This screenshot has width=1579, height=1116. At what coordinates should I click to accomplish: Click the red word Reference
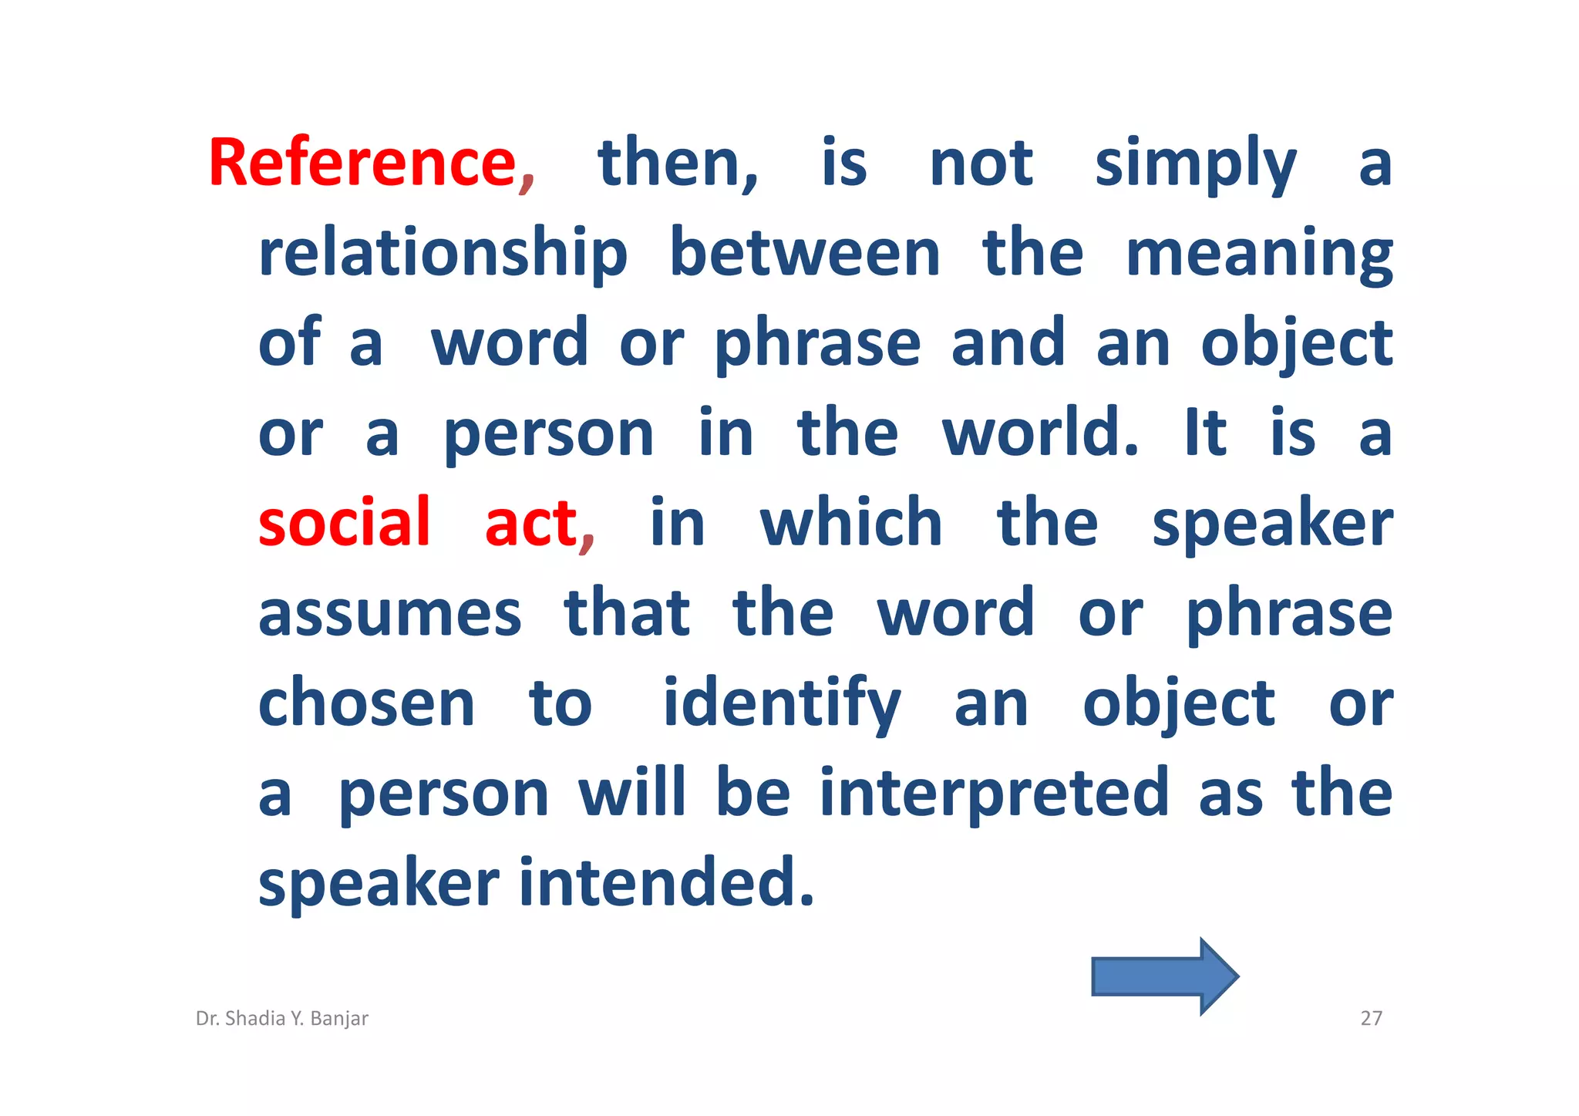point(362,163)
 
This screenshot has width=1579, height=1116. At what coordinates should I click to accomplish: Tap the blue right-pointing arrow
point(1163,976)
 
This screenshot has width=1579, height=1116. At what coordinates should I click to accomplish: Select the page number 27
point(1371,1018)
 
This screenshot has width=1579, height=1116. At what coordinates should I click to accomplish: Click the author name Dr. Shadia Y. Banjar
point(282,1018)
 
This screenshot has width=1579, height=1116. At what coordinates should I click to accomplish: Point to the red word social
point(344,523)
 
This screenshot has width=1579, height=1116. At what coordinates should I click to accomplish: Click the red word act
point(531,523)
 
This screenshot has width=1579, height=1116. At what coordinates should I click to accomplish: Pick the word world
point(1039,433)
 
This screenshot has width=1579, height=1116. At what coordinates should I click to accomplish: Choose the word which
point(851,523)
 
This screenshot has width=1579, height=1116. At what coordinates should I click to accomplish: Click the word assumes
point(390,613)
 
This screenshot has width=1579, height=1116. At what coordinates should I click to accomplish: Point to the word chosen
point(366,703)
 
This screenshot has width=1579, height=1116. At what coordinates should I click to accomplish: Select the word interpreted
point(994,793)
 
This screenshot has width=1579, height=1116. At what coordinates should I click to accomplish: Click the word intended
point(666,882)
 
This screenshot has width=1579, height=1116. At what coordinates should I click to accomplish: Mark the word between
point(805,253)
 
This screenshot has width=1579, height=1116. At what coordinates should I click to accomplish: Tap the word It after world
point(1204,433)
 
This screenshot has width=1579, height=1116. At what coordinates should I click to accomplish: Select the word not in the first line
point(981,163)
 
